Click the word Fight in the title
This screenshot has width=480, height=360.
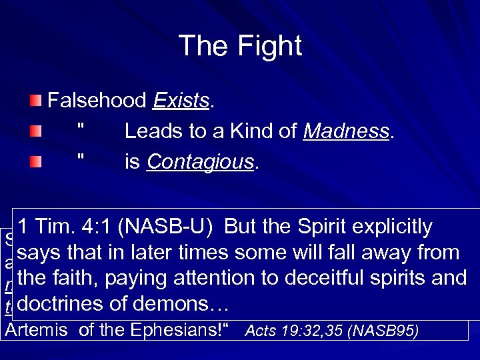coord(270,46)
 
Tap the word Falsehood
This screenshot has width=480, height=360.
coord(97,101)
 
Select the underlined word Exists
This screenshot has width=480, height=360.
coord(181,101)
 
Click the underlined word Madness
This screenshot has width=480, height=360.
coord(346,131)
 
